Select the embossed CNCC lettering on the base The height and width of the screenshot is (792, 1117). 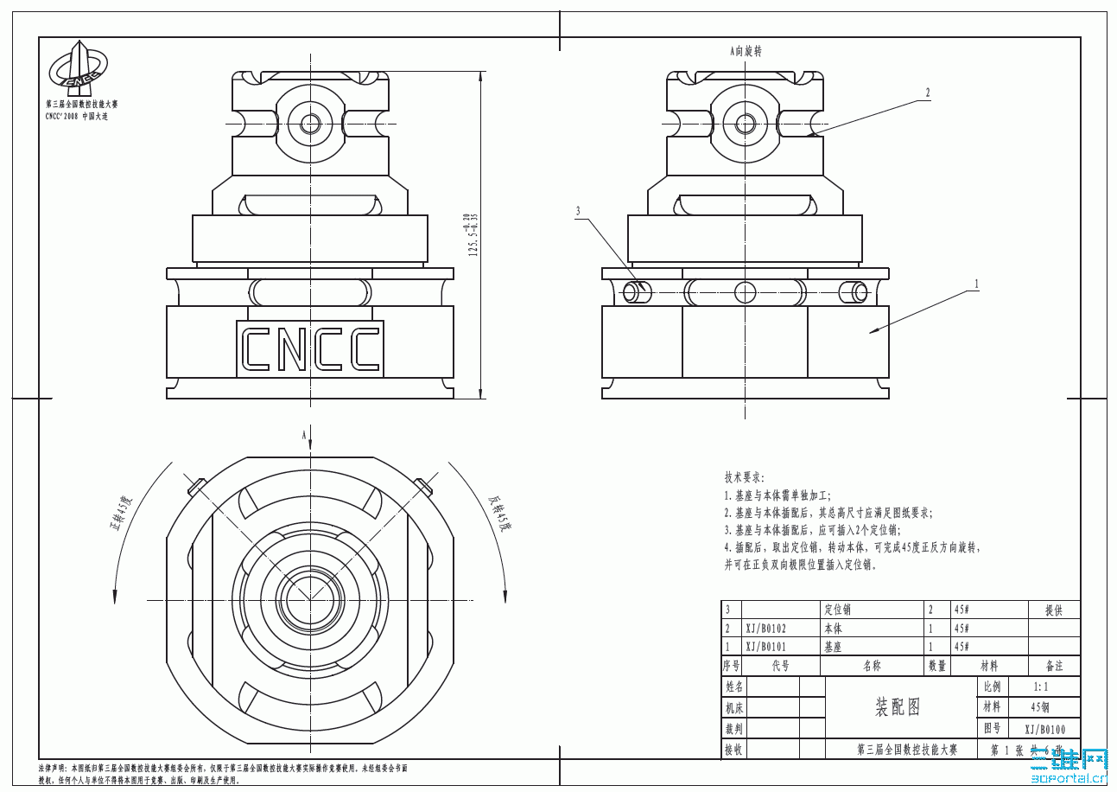(x=309, y=349)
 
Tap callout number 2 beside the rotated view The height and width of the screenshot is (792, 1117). (x=928, y=93)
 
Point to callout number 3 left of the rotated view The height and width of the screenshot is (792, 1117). (x=579, y=210)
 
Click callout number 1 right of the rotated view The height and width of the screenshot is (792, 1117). (x=976, y=283)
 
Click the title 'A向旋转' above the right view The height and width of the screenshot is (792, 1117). (x=746, y=52)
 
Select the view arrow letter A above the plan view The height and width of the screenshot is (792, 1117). (x=304, y=435)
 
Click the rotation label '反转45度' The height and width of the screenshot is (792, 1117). (x=500, y=514)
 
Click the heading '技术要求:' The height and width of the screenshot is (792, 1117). (x=745, y=477)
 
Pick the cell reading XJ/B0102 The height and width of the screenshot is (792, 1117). (x=766, y=629)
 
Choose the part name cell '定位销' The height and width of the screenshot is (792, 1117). (x=839, y=610)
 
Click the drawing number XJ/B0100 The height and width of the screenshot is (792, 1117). (x=1044, y=730)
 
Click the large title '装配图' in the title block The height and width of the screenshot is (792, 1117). (x=898, y=707)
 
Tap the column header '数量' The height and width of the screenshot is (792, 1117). (x=936, y=666)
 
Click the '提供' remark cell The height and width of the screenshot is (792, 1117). (x=1053, y=610)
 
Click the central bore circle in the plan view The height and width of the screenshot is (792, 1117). (x=309, y=599)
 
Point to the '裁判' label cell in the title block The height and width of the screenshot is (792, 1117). (x=733, y=729)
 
